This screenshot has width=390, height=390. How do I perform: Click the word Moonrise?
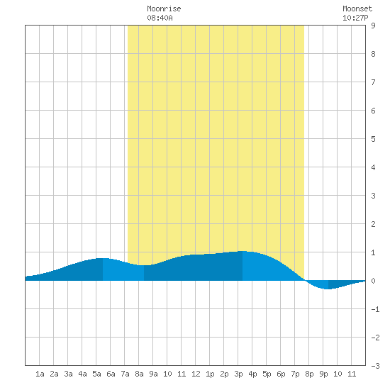[x=164, y=9]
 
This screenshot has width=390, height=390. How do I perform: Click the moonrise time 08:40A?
[x=160, y=18]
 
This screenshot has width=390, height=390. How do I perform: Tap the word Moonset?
[x=357, y=9]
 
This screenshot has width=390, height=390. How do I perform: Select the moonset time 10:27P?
[x=355, y=18]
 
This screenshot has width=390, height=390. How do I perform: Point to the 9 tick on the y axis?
[x=373, y=26]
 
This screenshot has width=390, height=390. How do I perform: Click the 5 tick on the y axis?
[x=373, y=139]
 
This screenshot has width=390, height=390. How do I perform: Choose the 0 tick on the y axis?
[x=373, y=281]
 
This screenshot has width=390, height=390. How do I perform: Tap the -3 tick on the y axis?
[x=375, y=366]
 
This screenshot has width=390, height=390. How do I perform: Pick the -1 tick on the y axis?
[x=375, y=309]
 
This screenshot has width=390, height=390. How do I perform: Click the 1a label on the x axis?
[x=40, y=374]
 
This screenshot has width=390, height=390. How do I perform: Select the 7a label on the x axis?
[x=125, y=374]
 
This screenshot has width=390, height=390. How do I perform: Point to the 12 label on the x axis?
[x=196, y=374]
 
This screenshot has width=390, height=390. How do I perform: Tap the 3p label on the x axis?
[x=238, y=374]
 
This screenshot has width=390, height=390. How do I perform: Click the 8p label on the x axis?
[x=309, y=374]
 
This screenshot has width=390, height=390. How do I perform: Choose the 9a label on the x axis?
[x=153, y=374]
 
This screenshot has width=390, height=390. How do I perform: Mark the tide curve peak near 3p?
[x=242, y=251]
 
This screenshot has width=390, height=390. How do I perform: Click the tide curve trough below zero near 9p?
[x=328, y=289]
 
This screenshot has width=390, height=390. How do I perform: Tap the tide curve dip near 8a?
[x=144, y=265]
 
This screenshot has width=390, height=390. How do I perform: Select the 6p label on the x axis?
[x=281, y=374]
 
